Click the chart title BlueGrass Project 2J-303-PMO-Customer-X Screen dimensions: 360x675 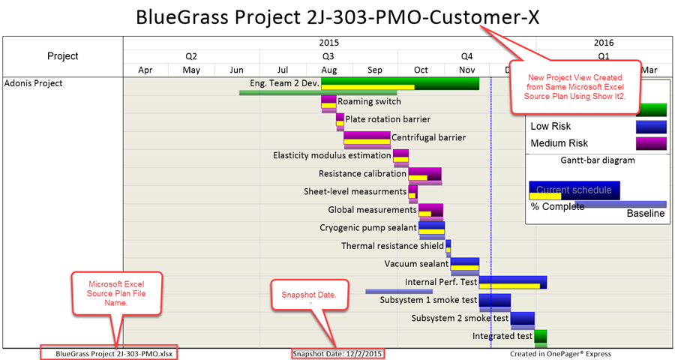click(337, 17)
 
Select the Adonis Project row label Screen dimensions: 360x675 click(34, 83)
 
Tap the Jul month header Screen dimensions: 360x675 click(283, 70)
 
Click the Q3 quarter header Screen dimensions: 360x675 click(328, 56)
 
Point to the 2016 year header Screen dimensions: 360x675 click(604, 43)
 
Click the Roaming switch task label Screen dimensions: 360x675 click(369, 101)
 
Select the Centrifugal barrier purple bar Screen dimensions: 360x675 click(367, 137)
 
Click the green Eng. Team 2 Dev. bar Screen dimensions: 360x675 click(400, 83)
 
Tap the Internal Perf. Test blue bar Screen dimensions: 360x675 click(512, 282)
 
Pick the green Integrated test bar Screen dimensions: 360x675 click(540, 336)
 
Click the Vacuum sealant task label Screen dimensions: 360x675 click(416, 264)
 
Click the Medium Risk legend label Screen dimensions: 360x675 click(559, 143)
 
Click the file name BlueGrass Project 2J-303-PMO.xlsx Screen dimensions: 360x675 click(117, 353)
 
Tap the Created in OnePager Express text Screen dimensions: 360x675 click(560, 353)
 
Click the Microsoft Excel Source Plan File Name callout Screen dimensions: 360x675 click(116, 292)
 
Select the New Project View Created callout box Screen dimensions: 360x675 click(574, 87)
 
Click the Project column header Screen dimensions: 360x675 click(63, 56)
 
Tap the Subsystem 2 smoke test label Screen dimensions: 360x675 click(460, 318)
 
